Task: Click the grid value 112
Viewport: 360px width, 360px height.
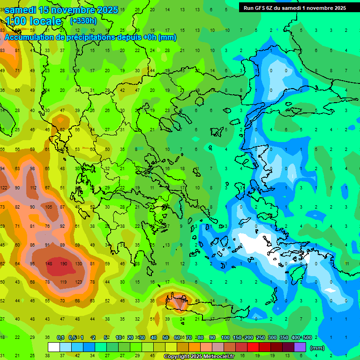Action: pos(33,188)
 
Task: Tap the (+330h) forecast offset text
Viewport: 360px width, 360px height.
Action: pos(83,21)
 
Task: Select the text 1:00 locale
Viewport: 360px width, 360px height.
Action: pos(33,21)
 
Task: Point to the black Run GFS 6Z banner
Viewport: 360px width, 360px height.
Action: pos(294,7)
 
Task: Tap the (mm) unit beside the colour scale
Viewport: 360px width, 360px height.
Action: pos(317,348)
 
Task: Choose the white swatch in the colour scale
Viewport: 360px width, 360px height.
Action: pos(54,347)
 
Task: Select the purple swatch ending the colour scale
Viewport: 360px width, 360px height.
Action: pos(300,347)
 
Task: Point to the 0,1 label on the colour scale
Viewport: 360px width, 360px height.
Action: pos(60,337)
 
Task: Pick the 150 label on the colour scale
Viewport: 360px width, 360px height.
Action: pos(237,337)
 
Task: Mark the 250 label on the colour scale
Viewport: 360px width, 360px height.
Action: pos(261,337)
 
